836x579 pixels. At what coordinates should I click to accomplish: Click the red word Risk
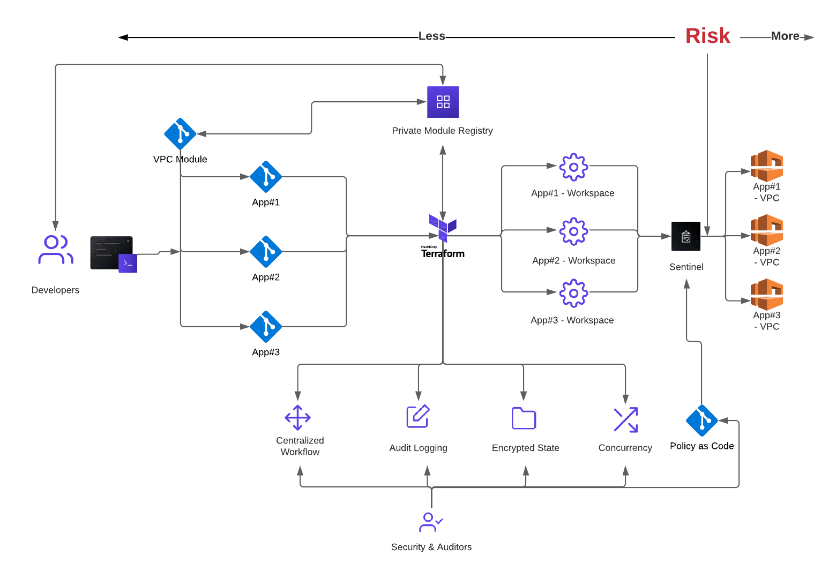pos(707,36)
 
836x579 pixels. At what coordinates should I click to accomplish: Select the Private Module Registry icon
pos(443,102)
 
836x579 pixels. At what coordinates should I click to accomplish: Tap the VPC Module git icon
pos(180,134)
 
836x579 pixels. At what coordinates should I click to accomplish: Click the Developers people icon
pos(55,250)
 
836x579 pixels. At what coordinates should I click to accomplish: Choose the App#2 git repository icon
pos(266,252)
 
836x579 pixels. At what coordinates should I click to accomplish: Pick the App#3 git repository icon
pos(266,327)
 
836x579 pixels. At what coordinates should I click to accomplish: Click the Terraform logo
pos(443,228)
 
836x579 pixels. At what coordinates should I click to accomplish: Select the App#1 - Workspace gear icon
pos(573,167)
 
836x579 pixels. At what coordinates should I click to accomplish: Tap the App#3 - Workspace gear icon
pos(573,293)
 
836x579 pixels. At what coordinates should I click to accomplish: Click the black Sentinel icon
pos(686,236)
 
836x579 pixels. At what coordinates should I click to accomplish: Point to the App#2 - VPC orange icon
pos(767,230)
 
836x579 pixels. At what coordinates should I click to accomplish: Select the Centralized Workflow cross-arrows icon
pos(297,418)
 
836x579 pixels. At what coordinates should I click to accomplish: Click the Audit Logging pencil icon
pos(418,416)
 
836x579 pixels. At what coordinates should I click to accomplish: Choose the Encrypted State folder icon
pos(524,418)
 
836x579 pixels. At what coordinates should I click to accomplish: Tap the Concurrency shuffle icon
pos(625,419)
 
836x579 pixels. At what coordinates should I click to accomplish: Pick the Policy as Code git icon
pos(701,420)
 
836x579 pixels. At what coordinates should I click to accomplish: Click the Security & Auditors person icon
pos(430,522)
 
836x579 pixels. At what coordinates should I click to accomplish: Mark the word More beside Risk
pos(785,36)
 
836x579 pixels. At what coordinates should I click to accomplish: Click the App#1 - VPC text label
pos(767,192)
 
